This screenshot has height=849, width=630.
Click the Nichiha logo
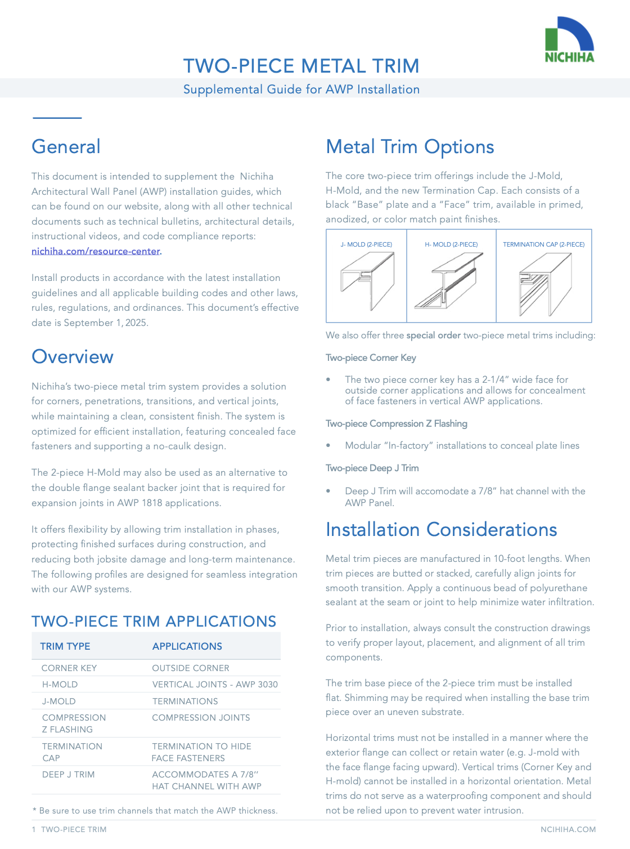pyautogui.click(x=569, y=39)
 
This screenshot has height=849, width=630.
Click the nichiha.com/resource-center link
pyautogui.click(x=96, y=251)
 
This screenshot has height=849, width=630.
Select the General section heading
pyautogui.click(x=66, y=146)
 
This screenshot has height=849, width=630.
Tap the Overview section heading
pyautogui.click(x=73, y=357)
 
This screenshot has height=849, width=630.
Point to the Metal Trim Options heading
pyautogui.click(x=409, y=147)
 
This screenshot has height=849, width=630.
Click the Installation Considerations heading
pyautogui.click(x=441, y=530)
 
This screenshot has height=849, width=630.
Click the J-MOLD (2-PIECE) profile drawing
pyautogui.click(x=367, y=281)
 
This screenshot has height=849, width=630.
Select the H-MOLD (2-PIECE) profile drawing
pyautogui.click(x=451, y=281)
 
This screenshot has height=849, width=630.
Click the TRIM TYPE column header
pyautogui.click(x=65, y=646)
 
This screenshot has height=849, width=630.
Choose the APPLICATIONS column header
pyautogui.click(x=187, y=646)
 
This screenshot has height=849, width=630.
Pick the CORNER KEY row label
pyautogui.click(x=69, y=668)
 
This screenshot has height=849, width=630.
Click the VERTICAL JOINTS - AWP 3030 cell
pyautogui.click(x=215, y=685)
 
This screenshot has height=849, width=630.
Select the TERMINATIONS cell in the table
pyautogui.click(x=185, y=701)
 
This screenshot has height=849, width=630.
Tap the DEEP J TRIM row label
pyautogui.click(x=68, y=775)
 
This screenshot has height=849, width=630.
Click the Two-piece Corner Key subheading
pyautogui.click(x=371, y=358)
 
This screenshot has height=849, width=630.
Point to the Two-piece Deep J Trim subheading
pyautogui.click(x=372, y=468)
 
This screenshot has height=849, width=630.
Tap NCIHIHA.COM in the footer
pyautogui.click(x=568, y=829)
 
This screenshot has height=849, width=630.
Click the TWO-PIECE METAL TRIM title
pyautogui.click(x=301, y=66)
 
